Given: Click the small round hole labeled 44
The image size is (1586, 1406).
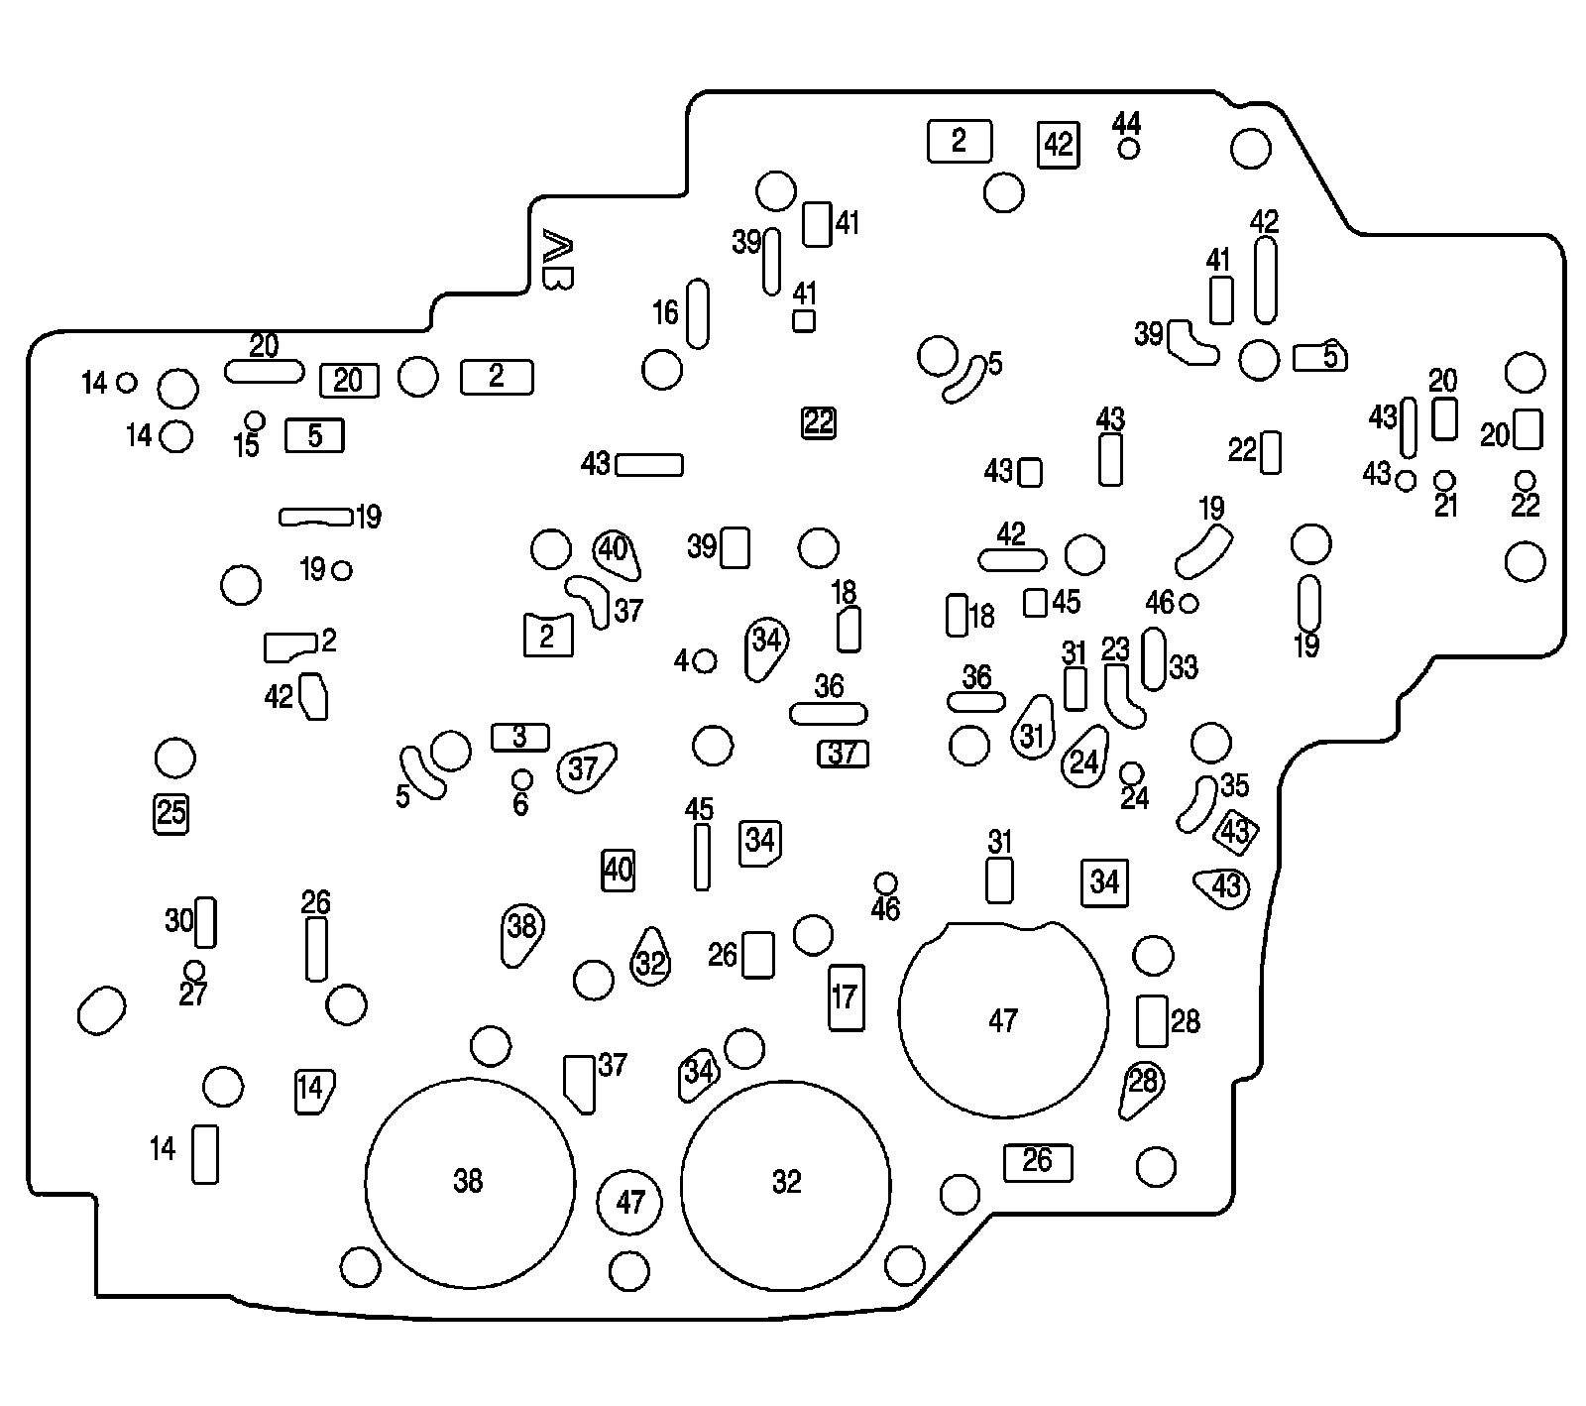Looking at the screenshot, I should click(1128, 149).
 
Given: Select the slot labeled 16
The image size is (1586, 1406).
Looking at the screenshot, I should click(697, 313).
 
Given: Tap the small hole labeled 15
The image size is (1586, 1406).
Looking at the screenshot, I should click(255, 420).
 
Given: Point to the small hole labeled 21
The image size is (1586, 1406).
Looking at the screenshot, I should click(1445, 481).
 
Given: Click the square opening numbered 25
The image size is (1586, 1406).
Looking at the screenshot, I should click(171, 813).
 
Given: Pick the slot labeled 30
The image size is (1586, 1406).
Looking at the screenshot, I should click(205, 922).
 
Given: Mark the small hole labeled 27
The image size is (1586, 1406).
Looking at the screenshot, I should click(195, 969).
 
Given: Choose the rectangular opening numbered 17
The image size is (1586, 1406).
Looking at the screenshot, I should click(846, 997).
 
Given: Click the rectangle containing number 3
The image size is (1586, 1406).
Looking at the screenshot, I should click(519, 737).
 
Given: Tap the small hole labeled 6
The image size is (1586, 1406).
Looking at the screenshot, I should click(522, 778).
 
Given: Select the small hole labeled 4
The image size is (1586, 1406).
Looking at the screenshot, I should click(706, 660).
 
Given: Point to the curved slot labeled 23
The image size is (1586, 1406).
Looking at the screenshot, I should click(1123, 694).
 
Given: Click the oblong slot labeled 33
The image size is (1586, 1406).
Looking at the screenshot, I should click(1154, 658).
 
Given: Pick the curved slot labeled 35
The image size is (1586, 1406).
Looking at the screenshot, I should click(1196, 803).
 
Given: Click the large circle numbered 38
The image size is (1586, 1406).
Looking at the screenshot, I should click(470, 1180).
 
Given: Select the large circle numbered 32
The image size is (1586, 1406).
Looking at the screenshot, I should click(785, 1182).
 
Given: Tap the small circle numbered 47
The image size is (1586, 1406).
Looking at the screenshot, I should click(630, 1202).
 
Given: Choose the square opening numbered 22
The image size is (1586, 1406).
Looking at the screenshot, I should click(819, 422).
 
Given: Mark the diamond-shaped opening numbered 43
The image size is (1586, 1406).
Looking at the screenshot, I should click(1235, 832).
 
